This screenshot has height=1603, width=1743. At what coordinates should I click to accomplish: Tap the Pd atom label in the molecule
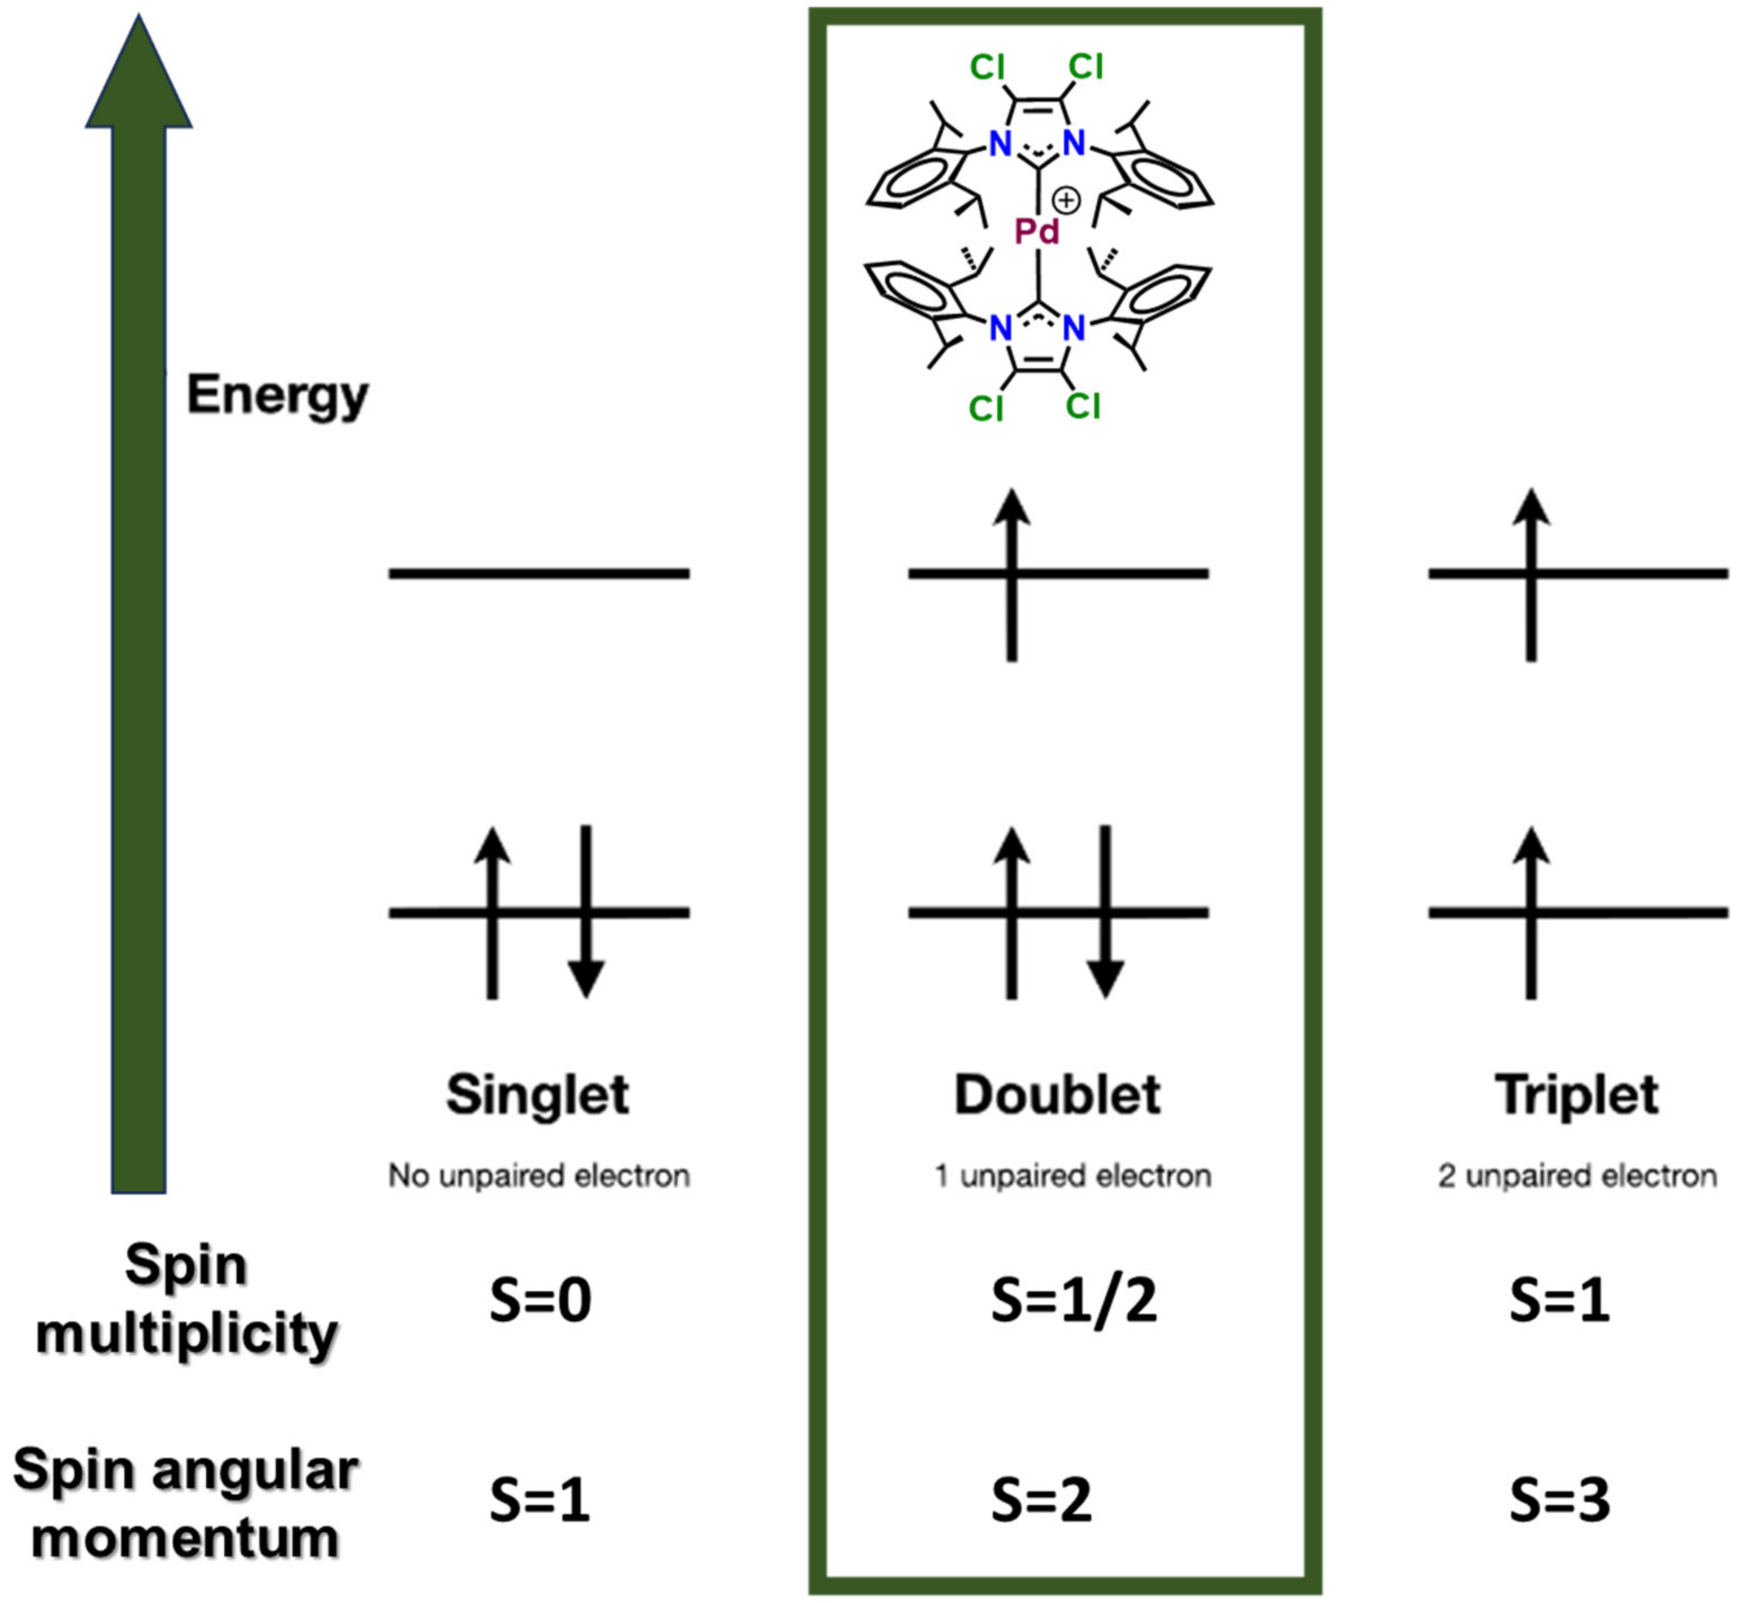(1037, 231)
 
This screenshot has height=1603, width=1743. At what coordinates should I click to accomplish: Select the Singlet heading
(538, 1095)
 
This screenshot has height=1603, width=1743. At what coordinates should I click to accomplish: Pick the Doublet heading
(1057, 1095)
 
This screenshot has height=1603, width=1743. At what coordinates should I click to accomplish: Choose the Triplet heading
(1576, 1095)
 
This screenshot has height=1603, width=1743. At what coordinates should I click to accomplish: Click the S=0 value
(540, 1301)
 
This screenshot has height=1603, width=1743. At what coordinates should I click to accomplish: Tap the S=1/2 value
(1074, 1301)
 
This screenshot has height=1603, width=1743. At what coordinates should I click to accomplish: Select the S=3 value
(1559, 1500)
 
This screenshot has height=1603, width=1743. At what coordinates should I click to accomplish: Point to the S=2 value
(1041, 1500)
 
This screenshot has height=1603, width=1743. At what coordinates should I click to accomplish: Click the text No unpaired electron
(539, 1176)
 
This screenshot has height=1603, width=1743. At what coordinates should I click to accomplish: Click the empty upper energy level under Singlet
(539, 573)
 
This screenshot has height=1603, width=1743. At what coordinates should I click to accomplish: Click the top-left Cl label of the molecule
(988, 67)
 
